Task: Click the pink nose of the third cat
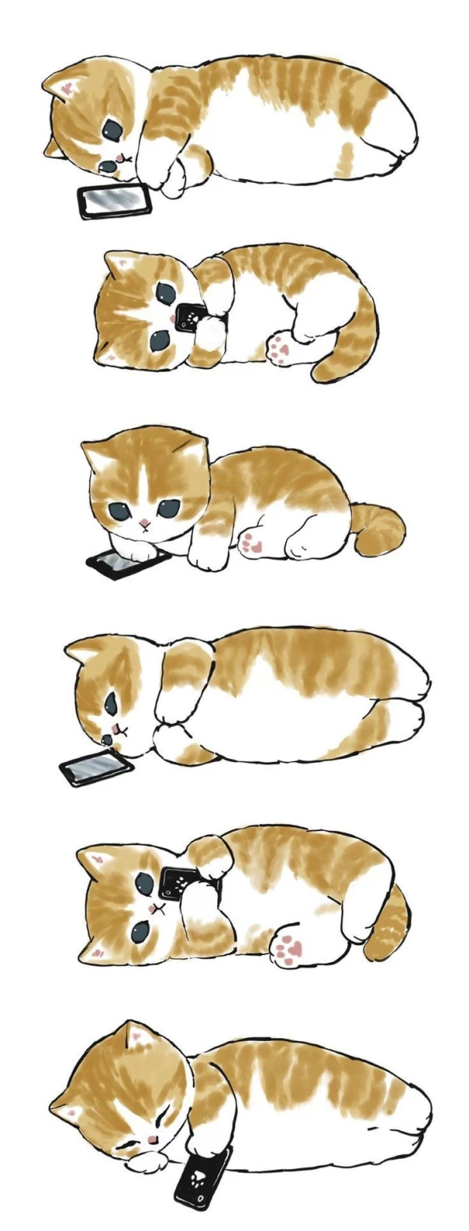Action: tap(144, 521)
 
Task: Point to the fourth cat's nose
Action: tap(106, 738)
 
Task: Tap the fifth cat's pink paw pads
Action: tap(288, 948)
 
